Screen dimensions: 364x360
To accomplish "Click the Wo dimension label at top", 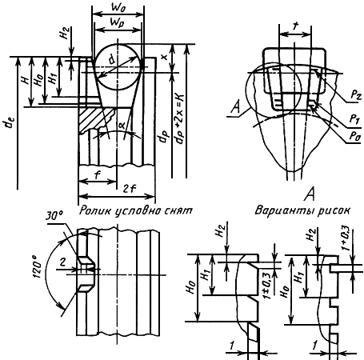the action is coord(118,7).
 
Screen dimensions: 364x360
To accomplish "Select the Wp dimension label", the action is coord(118,23).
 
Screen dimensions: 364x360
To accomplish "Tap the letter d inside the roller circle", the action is coord(113,60).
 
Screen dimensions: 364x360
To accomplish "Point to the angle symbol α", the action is coord(122,125).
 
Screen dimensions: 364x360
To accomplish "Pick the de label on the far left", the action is coord(10,124).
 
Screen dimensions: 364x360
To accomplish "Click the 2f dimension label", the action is coord(130,189).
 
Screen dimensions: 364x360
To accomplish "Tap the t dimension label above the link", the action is coord(295,26).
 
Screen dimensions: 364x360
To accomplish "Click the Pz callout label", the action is coord(356,94).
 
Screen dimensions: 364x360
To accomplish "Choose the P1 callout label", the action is coord(354,119).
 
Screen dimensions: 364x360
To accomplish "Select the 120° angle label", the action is coord(38,266).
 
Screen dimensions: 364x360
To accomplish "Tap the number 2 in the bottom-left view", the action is coord(62,262).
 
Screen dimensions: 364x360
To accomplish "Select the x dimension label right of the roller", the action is coord(164,57).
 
